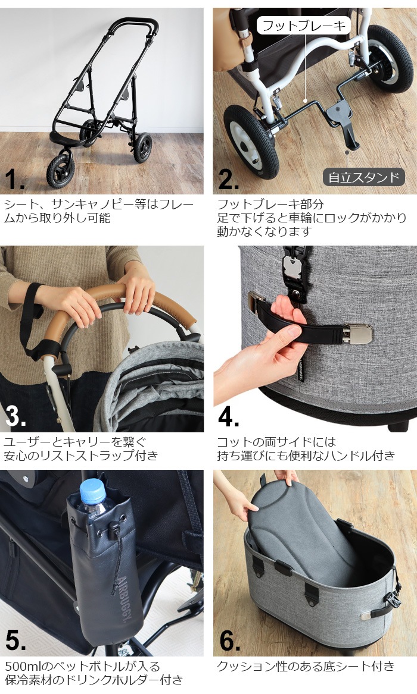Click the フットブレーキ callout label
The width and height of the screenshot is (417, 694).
[304, 26]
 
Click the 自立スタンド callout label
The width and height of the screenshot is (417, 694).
[363, 177]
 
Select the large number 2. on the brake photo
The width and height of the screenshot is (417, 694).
[229, 178]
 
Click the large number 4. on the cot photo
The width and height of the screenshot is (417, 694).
[229, 416]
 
